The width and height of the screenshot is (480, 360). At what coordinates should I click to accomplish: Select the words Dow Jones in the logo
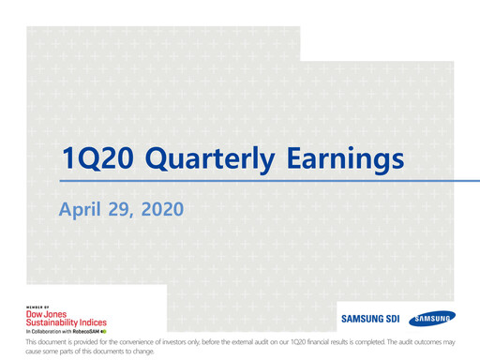[46, 313]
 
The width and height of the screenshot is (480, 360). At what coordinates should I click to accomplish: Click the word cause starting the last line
[35, 352]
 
